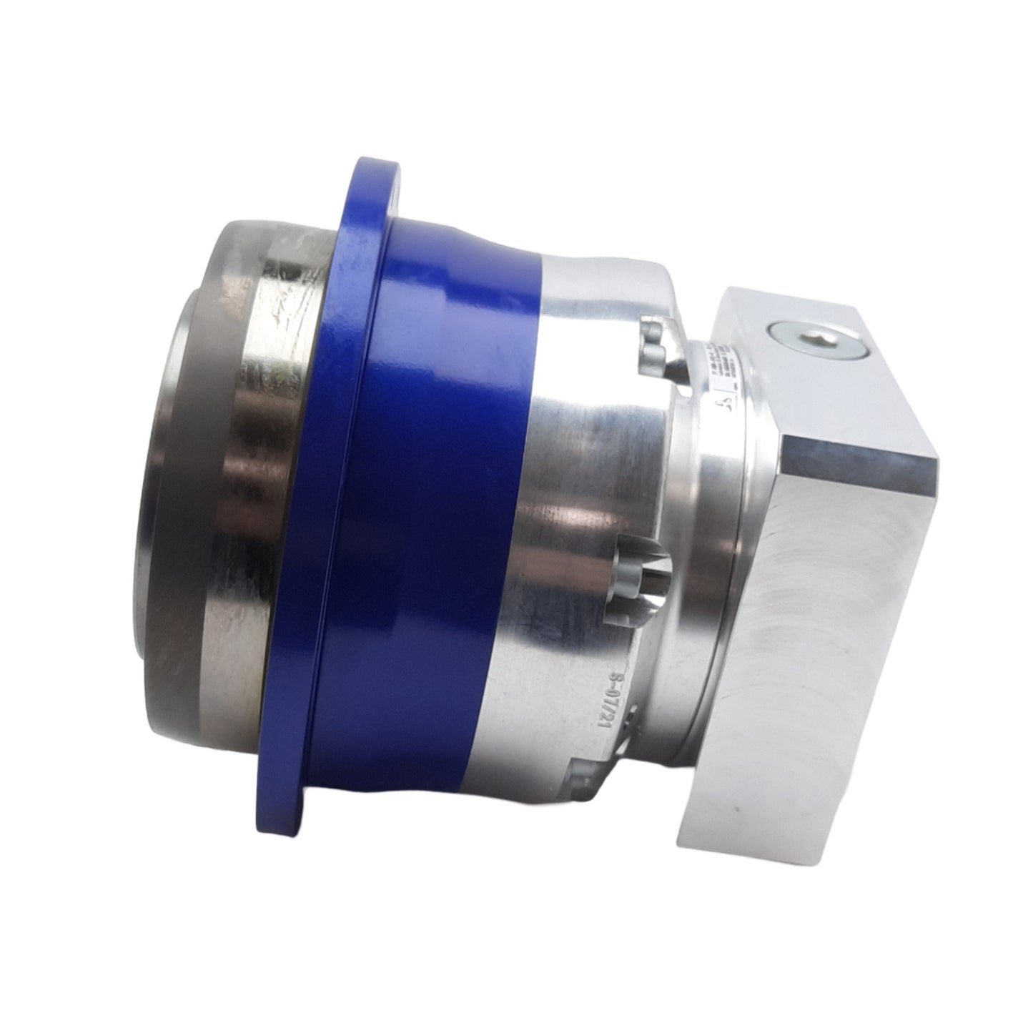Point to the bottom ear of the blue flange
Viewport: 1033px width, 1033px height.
click(x=286, y=822)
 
